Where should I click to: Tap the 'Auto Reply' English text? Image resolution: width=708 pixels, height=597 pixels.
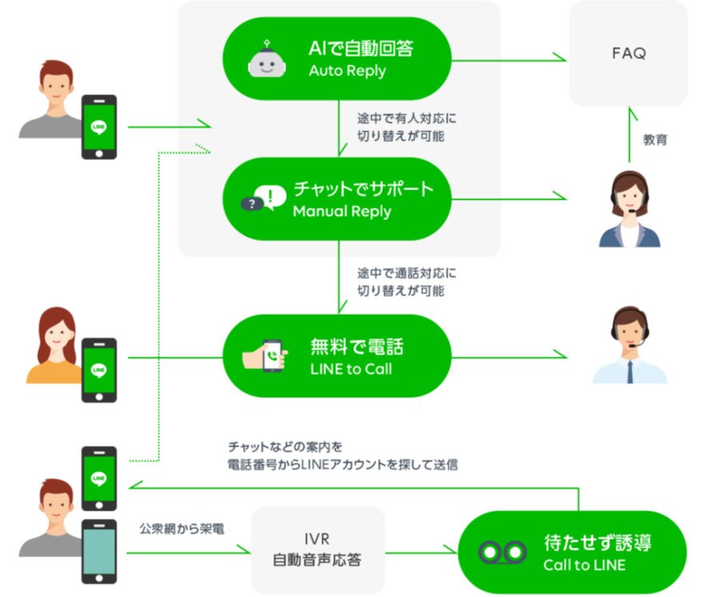pos(348,71)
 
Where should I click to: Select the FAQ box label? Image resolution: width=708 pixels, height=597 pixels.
pos(629,54)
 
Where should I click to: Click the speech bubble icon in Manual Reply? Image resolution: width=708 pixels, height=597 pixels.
pos(264,198)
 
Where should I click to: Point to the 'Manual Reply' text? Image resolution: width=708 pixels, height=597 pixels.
pos(342,211)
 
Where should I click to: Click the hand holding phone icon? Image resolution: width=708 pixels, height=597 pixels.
pos(265,356)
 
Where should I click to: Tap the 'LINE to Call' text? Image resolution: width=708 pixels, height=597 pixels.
pos(351,369)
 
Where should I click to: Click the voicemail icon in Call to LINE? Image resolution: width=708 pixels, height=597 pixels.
pos(502,551)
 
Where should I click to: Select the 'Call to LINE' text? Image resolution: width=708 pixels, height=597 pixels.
pos(584,565)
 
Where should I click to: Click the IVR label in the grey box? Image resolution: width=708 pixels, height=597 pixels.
pos(317,539)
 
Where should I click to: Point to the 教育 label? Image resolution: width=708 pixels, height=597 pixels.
pos(654,140)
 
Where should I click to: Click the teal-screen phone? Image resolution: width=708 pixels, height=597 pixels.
pos(99,551)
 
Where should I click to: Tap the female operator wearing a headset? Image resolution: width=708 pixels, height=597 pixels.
pos(630,209)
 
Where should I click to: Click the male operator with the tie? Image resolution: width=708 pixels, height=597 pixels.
pos(630,345)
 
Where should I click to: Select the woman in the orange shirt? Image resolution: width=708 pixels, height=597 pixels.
pos(55,345)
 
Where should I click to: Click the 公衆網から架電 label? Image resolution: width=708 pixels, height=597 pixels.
pos(181,528)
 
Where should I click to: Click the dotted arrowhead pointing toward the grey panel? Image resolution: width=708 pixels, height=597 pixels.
pos(204,149)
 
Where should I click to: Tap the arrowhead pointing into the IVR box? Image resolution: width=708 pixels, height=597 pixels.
pos(244,550)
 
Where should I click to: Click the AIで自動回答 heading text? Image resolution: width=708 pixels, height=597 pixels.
pos(360,48)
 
